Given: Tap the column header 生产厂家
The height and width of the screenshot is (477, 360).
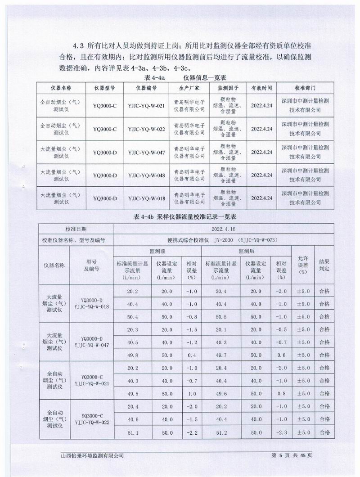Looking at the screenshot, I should click(x=189, y=86).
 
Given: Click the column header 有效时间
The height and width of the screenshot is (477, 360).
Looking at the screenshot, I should click(x=261, y=86).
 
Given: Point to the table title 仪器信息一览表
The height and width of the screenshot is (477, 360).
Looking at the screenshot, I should click(x=201, y=77).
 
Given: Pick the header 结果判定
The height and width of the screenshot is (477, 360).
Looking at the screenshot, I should click(x=324, y=265).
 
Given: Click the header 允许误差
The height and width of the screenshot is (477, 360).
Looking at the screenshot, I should click(x=303, y=265).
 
